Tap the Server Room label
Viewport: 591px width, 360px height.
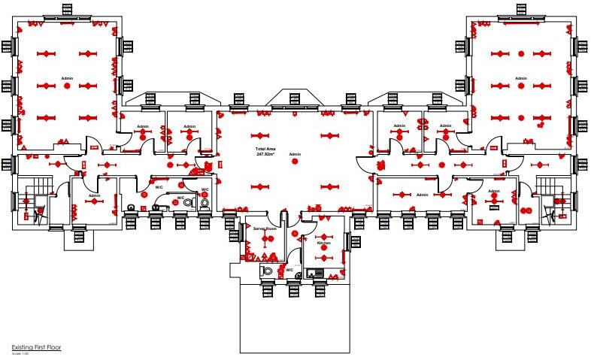coord(265,228)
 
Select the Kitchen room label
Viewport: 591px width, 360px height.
coord(323,243)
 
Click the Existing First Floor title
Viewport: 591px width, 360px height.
coord(35,347)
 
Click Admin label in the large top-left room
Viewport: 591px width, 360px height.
coord(67,78)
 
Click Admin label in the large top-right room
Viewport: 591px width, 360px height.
coord(521,78)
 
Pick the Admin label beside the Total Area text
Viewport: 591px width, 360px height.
coord(295,154)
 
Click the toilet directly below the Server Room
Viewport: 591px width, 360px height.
coord(268,271)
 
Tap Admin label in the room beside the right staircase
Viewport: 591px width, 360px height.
coord(493,191)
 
